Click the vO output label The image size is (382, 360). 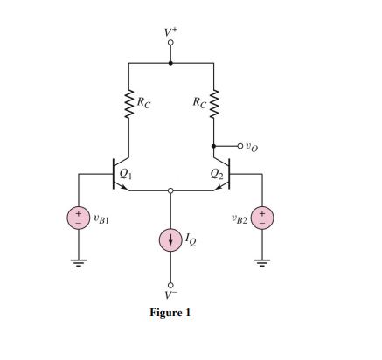point(254,146)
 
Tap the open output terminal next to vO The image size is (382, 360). point(240,146)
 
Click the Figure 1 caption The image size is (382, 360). point(170,313)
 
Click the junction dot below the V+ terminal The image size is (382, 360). point(170,63)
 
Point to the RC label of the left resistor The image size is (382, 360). point(142,102)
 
